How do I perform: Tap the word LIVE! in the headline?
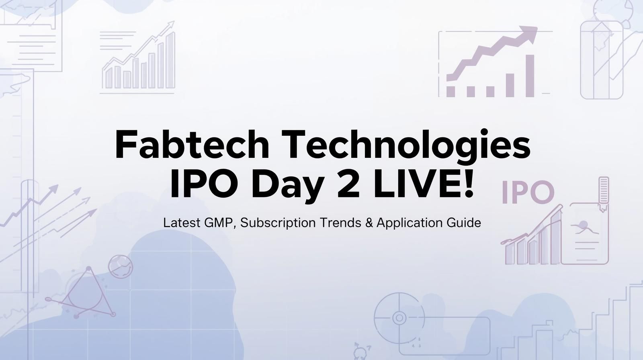[424, 184]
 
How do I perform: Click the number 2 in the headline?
[348, 184]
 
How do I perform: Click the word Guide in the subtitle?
[464, 223]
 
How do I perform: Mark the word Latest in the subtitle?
[182, 223]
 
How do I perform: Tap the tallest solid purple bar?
[530, 76]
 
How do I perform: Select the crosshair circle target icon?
[399, 317]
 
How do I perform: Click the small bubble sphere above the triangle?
[120, 266]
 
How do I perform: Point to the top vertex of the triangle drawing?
[89, 269]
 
